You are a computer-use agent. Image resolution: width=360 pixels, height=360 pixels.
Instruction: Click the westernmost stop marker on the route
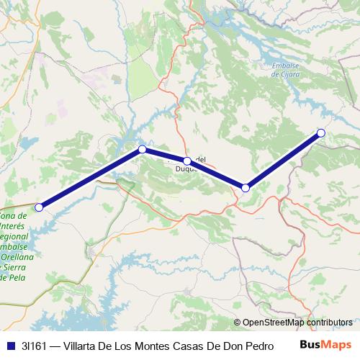pyautogui.click(x=40, y=207)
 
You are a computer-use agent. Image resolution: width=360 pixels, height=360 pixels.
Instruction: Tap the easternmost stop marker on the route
pyautogui.click(x=321, y=132)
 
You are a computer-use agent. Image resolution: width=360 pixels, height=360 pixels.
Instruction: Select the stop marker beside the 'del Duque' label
pyautogui.click(x=187, y=161)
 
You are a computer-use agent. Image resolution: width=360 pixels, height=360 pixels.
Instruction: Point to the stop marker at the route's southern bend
pyautogui.click(x=246, y=188)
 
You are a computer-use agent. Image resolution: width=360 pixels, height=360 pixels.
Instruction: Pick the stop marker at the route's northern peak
pyautogui.click(x=143, y=149)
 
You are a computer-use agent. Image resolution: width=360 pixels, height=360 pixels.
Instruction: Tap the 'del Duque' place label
pyautogui.click(x=199, y=164)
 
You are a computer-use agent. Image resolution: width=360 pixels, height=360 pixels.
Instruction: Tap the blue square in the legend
pyautogui.click(x=11, y=345)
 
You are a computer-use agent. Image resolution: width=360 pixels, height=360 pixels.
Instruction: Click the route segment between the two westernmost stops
pyautogui.click(x=91, y=179)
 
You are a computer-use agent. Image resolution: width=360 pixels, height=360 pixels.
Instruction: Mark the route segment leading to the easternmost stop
pyautogui.click(x=284, y=160)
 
